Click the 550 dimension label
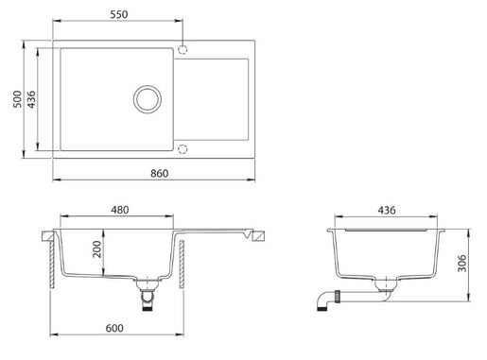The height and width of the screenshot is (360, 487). [119, 14]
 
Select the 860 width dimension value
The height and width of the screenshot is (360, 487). [159, 173]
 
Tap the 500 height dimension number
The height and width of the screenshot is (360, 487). [18, 99]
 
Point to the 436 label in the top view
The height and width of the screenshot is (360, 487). [31, 99]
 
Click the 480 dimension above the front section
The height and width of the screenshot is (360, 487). [120, 210]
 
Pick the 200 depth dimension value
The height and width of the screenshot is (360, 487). [97, 249]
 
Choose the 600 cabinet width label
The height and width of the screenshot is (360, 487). [114, 328]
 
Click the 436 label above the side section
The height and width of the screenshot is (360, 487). [387, 210]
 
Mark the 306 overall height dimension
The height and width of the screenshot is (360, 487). [461, 264]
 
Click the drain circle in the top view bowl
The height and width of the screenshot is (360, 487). [148, 86]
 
